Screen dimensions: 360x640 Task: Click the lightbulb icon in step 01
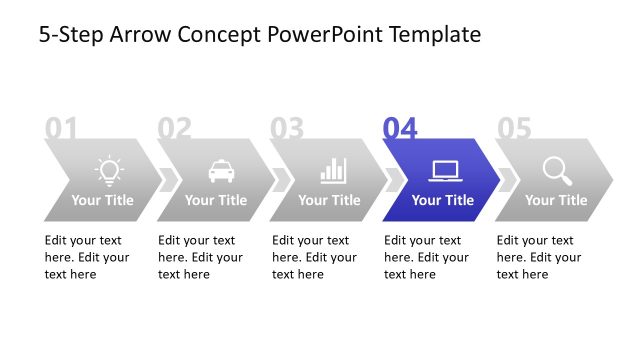[109, 170]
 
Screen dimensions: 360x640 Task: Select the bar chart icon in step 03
[333, 170]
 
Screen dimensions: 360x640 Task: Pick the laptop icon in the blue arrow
[444, 170]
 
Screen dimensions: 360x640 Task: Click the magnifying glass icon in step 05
[557, 170]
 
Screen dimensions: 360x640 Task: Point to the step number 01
[61, 128]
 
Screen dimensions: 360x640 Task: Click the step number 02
[174, 128]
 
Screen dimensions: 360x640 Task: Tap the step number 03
[287, 128]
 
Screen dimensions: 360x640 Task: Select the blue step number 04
[400, 128]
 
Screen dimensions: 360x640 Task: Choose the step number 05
[514, 128]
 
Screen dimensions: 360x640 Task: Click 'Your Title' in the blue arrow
[442, 200]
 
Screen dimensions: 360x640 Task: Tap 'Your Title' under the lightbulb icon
[102, 200]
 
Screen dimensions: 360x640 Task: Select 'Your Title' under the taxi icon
[215, 200]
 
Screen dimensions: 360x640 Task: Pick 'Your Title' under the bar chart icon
[329, 200]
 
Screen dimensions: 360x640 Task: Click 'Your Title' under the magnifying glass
[556, 200]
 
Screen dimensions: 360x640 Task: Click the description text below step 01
[86, 257]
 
